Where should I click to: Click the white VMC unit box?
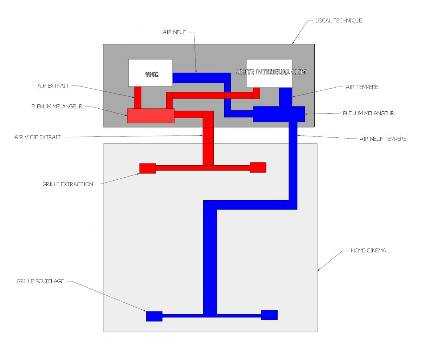pos(150,73)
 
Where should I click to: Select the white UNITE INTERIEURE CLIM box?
pos(269,73)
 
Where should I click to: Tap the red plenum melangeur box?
pos(150,116)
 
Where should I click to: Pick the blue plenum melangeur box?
pos(279,114)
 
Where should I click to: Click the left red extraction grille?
pos(147,168)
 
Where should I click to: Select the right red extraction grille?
pos(258,167)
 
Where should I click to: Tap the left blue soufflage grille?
pos(154,316)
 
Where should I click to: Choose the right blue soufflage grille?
pos(269,315)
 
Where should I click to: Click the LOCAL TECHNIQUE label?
pos(338,20)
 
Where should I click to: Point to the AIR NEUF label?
pos(174,32)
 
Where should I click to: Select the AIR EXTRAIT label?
pos(53,85)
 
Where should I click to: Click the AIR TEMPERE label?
pos(362,87)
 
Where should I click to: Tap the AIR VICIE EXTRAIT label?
pos(38,137)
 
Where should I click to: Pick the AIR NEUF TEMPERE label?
pos(383,139)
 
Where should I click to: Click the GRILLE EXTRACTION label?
pos(68,184)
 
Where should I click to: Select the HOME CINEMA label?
pos(368,250)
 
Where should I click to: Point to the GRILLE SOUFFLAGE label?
pos(40,281)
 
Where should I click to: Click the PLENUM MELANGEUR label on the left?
pos(57,107)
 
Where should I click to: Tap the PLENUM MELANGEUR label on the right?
pos(368,113)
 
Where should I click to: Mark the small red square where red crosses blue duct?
pos(227,95)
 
